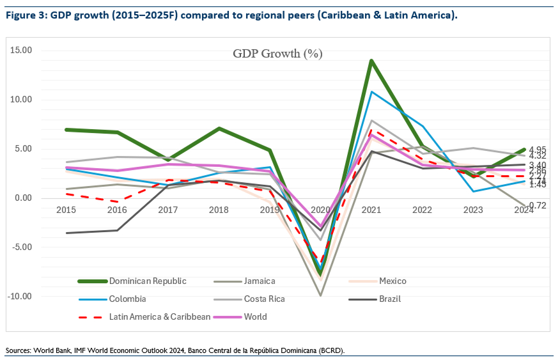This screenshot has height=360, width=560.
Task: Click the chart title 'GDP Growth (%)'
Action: click(277, 53)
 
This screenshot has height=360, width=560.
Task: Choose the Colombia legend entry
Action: click(127, 299)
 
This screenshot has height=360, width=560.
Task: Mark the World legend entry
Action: click(256, 317)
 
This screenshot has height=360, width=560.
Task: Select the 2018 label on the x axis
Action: click(219, 210)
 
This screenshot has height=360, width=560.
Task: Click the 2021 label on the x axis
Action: click(371, 210)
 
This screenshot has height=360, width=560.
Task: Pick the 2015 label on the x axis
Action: click(66, 210)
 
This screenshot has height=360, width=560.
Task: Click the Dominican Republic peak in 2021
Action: click(371, 61)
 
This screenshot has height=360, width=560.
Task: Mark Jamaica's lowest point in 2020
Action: click(320, 295)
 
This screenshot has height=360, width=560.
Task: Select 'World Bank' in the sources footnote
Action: click(52, 351)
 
